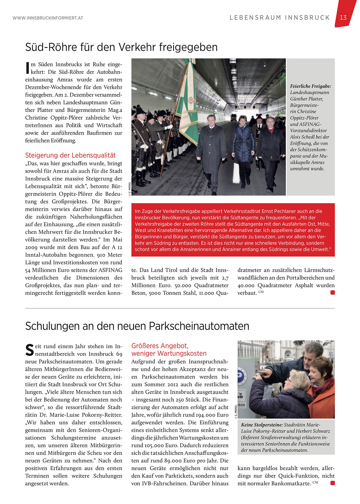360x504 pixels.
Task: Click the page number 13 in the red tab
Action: (343, 18)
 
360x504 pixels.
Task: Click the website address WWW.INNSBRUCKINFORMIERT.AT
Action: (48, 18)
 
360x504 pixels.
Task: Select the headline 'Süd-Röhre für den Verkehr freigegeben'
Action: (121, 47)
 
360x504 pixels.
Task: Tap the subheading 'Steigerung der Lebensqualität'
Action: (70, 155)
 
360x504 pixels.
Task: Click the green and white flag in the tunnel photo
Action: (188, 101)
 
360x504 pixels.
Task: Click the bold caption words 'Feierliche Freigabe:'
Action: (310, 86)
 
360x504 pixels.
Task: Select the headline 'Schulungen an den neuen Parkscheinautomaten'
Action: (137, 326)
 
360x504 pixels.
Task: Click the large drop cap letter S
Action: (30, 350)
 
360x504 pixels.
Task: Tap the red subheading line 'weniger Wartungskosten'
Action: (169, 353)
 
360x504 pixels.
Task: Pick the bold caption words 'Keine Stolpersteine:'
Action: (262, 425)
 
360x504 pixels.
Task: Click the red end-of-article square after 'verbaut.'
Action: (333, 293)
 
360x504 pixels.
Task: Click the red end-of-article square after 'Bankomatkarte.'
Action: (333, 483)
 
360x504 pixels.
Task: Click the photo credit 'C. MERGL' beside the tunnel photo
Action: (130, 188)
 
